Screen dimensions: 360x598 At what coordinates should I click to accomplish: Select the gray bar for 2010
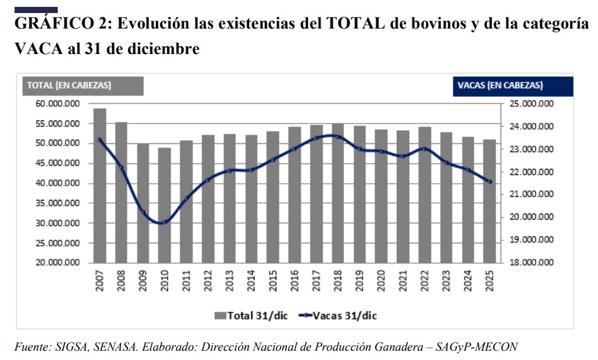pos(165,205)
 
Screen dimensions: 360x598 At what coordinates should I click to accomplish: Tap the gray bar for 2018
pos(338,192)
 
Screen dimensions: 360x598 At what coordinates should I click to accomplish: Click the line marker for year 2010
pos(165,222)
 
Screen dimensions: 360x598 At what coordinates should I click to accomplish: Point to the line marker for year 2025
pos(489,182)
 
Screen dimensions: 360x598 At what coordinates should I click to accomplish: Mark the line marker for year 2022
pos(424,148)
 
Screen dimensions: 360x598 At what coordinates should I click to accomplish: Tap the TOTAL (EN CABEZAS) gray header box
pos(83,86)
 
